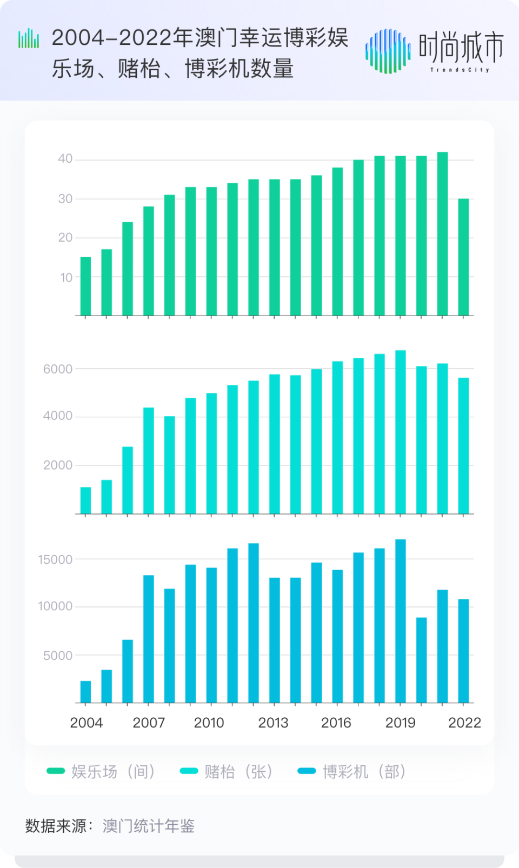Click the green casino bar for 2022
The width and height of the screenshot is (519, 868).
pyautogui.click(x=463, y=257)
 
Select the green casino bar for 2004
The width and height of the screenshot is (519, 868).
pyautogui.click(x=85, y=286)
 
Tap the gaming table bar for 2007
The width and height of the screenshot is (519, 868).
pyautogui.click(x=148, y=460)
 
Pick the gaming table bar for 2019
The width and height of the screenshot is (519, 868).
pyautogui.click(x=401, y=432)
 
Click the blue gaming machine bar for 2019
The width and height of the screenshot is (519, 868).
pyautogui.click(x=401, y=622)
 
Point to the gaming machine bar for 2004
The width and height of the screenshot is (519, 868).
pyautogui.click(x=85, y=692)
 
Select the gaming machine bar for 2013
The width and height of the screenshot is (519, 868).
pyautogui.click(x=275, y=640)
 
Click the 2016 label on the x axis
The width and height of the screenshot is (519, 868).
pyautogui.click(x=336, y=723)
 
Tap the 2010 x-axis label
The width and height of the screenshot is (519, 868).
pyautogui.click(x=209, y=723)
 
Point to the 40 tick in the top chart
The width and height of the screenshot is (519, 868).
pyautogui.click(x=65, y=159)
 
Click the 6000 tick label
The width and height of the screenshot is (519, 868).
pyautogui.click(x=58, y=369)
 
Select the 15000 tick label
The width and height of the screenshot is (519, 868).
pyautogui.click(x=55, y=560)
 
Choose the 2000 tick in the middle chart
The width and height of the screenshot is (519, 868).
pyautogui.click(x=58, y=465)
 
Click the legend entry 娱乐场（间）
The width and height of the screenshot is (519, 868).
pyautogui.click(x=102, y=771)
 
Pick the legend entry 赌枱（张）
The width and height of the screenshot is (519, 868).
pyautogui.click(x=227, y=771)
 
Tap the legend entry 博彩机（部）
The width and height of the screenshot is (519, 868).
pyautogui.click(x=352, y=771)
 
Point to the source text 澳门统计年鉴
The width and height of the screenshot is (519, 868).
pyautogui.click(x=149, y=826)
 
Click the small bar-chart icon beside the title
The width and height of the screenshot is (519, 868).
pyautogui.click(x=29, y=38)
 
